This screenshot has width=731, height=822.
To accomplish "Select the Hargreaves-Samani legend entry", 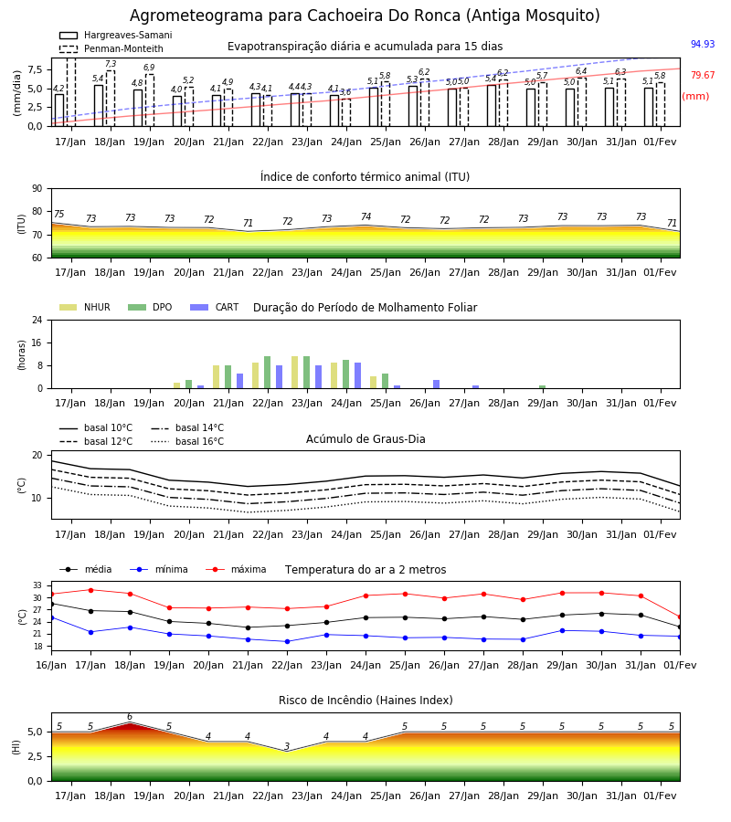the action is click(x=115, y=35).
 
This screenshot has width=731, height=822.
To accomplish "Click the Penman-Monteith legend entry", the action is click(x=111, y=48).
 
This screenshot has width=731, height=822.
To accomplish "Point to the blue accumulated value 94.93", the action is click(x=703, y=44).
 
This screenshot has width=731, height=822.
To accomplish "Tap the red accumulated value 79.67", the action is click(x=703, y=76).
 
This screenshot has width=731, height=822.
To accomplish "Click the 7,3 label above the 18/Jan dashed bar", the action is click(x=111, y=64).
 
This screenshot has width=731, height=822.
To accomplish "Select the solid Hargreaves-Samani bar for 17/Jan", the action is click(x=59, y=111).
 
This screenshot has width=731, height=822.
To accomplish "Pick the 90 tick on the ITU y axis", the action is click(x=37, y=189).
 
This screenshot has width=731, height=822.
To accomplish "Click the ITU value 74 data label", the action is click(x=366, y=216).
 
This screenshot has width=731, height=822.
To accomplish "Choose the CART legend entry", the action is click(x=214, y=307).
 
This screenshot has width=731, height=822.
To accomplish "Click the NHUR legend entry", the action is click(x=85, y=307).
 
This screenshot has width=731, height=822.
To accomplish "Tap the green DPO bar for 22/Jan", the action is click(x=268, y=373).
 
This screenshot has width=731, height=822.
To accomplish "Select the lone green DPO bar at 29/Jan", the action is click(x=542, y=387).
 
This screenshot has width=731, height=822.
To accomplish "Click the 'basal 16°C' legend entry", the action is click(x=187, y=442).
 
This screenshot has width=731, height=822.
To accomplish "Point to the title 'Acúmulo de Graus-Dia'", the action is click(x=365, y=439).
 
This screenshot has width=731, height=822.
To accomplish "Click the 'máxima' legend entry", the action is click(x=237, y=569).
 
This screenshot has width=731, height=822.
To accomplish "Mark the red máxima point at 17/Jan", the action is click(x=90, y=590).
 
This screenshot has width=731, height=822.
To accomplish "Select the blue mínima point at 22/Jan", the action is click(x=287, y=642).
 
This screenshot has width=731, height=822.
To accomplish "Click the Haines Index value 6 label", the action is click(x=130, y=717).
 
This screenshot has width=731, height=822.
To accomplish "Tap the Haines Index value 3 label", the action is click(x=287, y=746).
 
